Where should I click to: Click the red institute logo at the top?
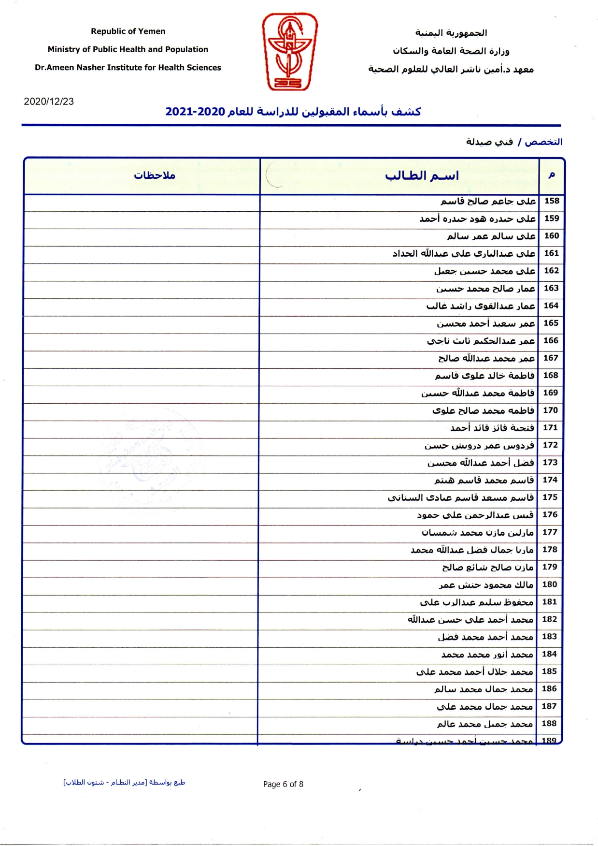289,51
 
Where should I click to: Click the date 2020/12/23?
49,102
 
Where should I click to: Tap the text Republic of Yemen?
128,31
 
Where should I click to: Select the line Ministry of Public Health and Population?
128,49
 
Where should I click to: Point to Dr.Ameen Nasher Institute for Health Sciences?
128,68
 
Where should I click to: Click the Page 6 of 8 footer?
283,784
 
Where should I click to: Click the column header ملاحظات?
155,175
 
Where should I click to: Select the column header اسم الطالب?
422,175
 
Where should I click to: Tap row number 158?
552,201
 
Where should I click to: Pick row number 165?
551,323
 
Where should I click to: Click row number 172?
551,445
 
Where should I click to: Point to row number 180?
550,584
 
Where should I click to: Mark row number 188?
549,723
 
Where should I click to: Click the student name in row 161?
464,253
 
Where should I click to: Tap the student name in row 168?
484,376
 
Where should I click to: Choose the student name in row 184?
487,654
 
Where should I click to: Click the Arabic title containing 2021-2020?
293,112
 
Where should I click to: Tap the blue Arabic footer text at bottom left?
124,782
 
